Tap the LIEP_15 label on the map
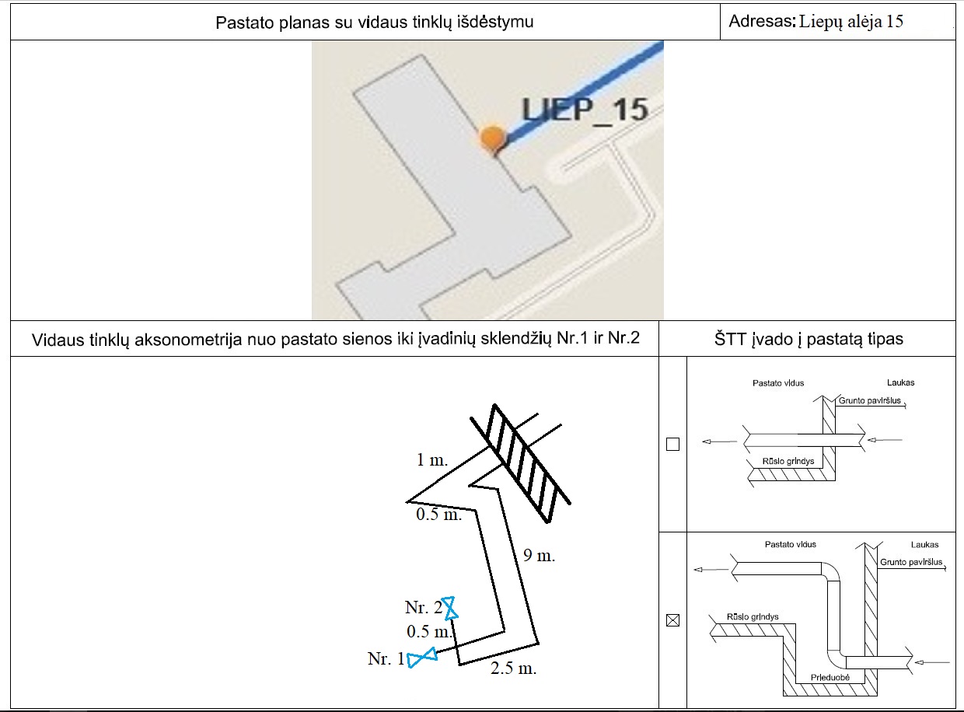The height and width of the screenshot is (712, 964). [x=585, y=110]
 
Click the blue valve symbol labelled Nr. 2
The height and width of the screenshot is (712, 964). [x=449, y=607]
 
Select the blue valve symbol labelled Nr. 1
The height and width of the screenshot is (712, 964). [x=422, y=658]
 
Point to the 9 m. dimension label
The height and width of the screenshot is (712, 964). [x=539, y=555]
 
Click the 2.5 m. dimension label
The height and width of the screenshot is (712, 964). [x=513, y=668]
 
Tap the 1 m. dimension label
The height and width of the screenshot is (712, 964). [x=432, y=459]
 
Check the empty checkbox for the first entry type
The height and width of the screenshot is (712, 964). [x=672, y=444]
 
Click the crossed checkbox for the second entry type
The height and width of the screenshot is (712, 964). [x=672, y=620]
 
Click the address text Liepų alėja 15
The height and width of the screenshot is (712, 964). [x=850, y=21]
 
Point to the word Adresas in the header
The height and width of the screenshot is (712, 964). [x=762, y=21]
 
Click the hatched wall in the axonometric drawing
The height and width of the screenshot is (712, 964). [x=521, y=464]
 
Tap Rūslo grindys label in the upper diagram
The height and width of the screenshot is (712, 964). [x=788, y=461]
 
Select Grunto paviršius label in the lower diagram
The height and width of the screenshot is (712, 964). [x=911, y=562]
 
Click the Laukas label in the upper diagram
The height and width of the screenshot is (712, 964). [x=900, y=382]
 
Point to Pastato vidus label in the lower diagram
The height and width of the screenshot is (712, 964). [x=790, y=544]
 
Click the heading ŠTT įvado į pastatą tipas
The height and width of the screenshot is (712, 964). [x=809, y=339]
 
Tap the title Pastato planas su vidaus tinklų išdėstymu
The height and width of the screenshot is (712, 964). [x=374, y=23]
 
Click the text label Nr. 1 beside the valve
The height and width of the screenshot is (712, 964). [x=386, y=658]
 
